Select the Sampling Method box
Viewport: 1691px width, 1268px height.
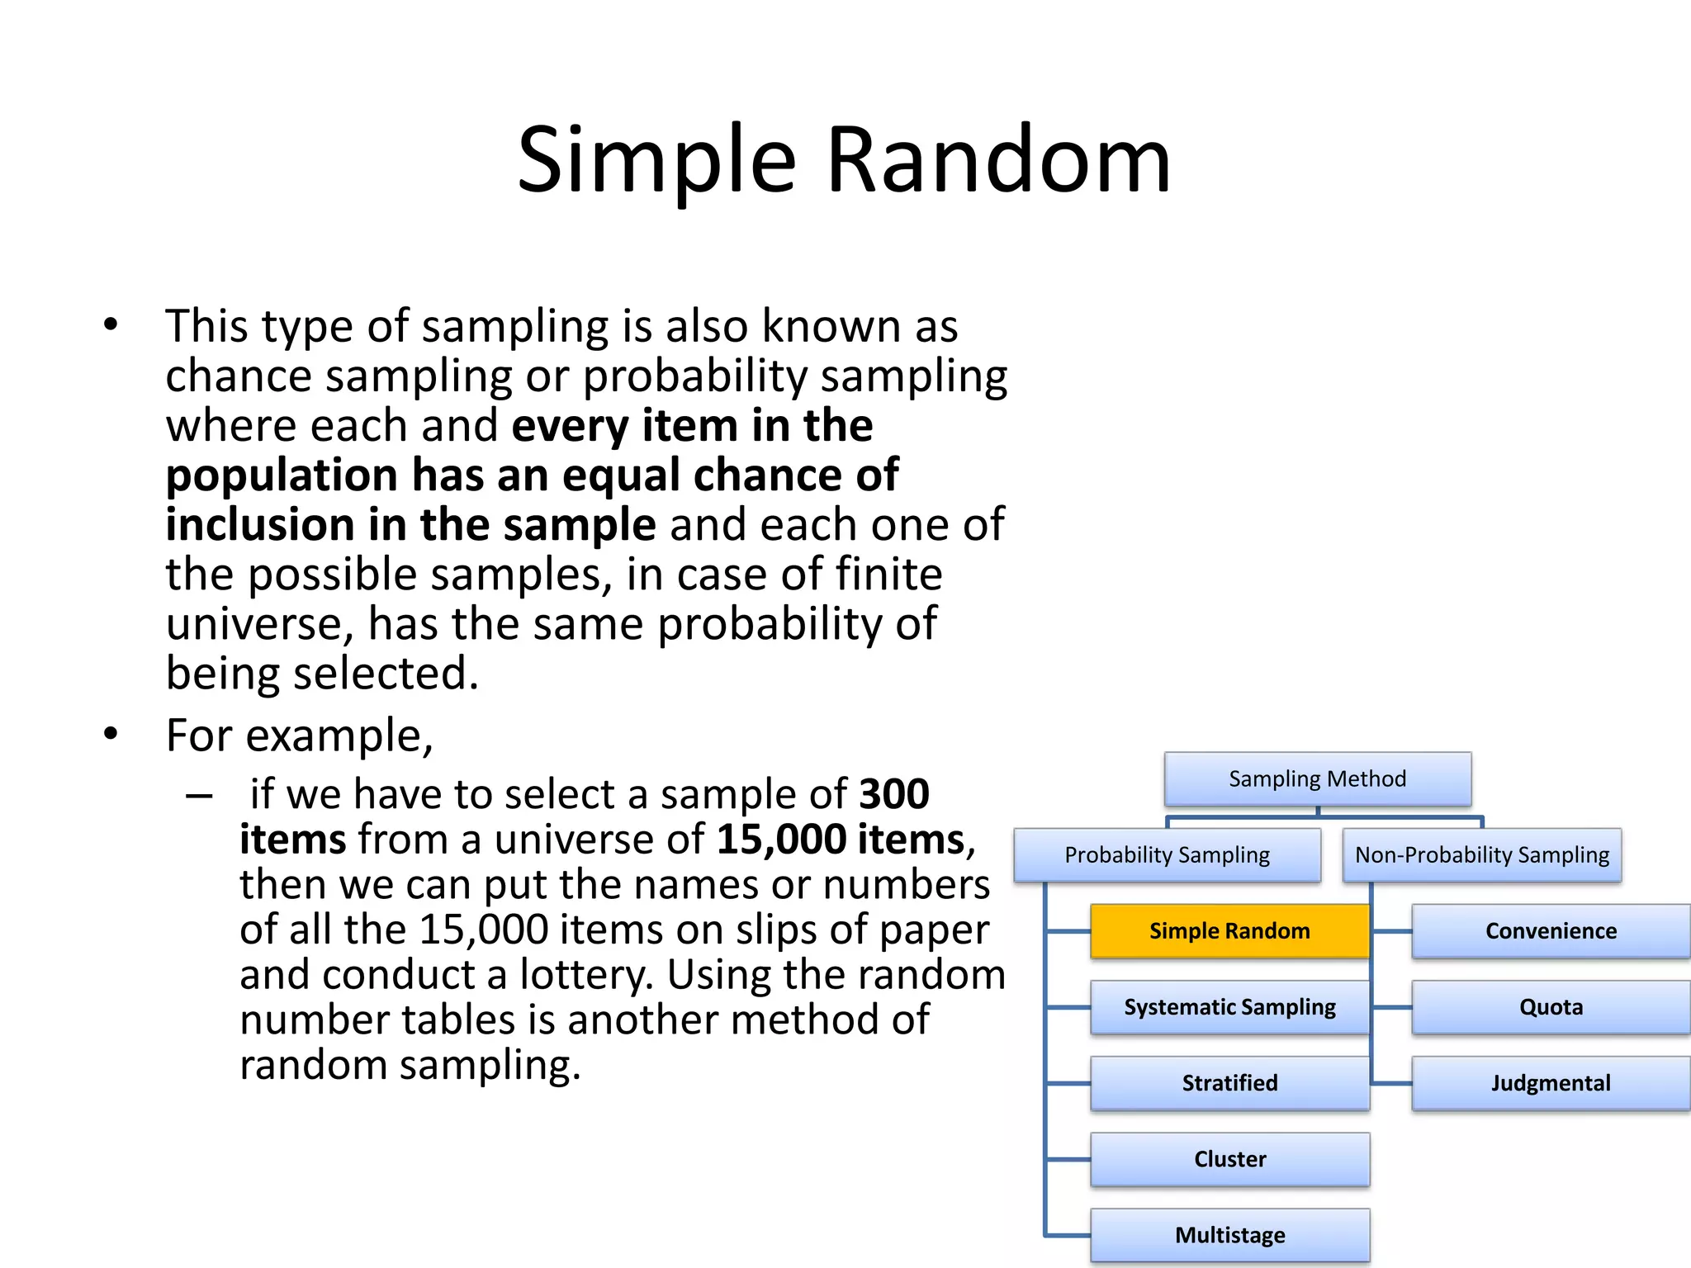point(1317,778)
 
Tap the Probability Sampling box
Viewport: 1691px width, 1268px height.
point(1167,855)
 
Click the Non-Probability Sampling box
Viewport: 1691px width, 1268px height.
point(1481,855)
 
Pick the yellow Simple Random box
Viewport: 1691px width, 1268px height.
point(1229,931)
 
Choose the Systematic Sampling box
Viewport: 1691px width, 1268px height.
point(1229,1007)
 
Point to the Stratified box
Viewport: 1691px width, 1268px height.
point(1229,1083)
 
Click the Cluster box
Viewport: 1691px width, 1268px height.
point(1229,1159)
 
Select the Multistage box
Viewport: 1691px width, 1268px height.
point(1229,1235)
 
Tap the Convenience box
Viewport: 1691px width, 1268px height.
point(1551,931)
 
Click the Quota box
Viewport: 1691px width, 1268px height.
point(1551,1007)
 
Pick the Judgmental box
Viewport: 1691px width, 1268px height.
point(1551,1083)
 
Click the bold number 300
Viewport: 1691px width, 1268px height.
point(894,794)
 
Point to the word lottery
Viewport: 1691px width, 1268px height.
point(585,975)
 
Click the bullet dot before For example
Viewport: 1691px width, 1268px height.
point(111,734)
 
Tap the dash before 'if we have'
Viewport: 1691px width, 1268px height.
point(199,796)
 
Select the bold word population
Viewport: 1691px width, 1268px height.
point(282,476)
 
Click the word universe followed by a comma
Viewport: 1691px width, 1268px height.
point(259,625)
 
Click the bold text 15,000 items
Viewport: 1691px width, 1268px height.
point(840,840)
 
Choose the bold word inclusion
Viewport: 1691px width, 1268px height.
point(259,525)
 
